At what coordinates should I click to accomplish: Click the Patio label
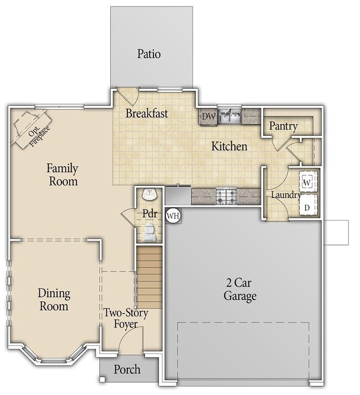[x=149, y=54]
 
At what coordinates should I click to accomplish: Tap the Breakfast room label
[x=146, y=114]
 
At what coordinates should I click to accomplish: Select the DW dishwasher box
[x=208, y=116]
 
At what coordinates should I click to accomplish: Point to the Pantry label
[x=283, y=126]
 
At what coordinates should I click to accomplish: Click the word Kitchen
[x=229, y=146]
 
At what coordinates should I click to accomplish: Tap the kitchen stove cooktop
[x=226, y=195]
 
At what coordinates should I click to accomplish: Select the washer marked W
[x=307, y=181]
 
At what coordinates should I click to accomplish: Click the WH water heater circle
[x=173, y=216]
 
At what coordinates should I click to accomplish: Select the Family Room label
[x=62, y=175]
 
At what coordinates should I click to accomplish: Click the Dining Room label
[x=53, y=300]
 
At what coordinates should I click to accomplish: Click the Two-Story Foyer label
[x=126, y=319]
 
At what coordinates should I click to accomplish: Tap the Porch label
[x=127, y=370]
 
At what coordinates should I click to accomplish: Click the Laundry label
[x=285, y=196]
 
